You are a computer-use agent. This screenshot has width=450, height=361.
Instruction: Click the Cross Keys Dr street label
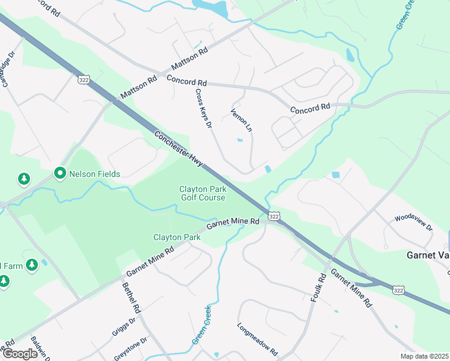click(x=204, y=108)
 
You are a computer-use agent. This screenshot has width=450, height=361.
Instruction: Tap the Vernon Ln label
click(x=241, y=120)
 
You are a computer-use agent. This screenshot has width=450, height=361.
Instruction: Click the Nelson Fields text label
click(x=94, y=174)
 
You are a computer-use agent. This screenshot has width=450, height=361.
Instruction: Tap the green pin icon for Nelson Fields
click(x=60, y=174)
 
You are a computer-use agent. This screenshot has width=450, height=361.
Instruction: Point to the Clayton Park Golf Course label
click(x=202, y=193)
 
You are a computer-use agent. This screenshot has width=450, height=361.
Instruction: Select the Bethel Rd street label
click(x=131, y=298)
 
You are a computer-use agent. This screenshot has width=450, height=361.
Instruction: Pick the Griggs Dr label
click(x=124, y=327)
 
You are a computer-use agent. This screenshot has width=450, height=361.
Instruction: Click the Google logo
click(x=20, y=354)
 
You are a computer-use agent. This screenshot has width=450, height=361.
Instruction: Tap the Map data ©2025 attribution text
click(x=424, y=356)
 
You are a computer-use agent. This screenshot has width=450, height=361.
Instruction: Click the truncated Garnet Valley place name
click(x=428, y=255)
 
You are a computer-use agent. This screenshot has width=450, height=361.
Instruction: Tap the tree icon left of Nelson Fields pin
click(x=23, y=179)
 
